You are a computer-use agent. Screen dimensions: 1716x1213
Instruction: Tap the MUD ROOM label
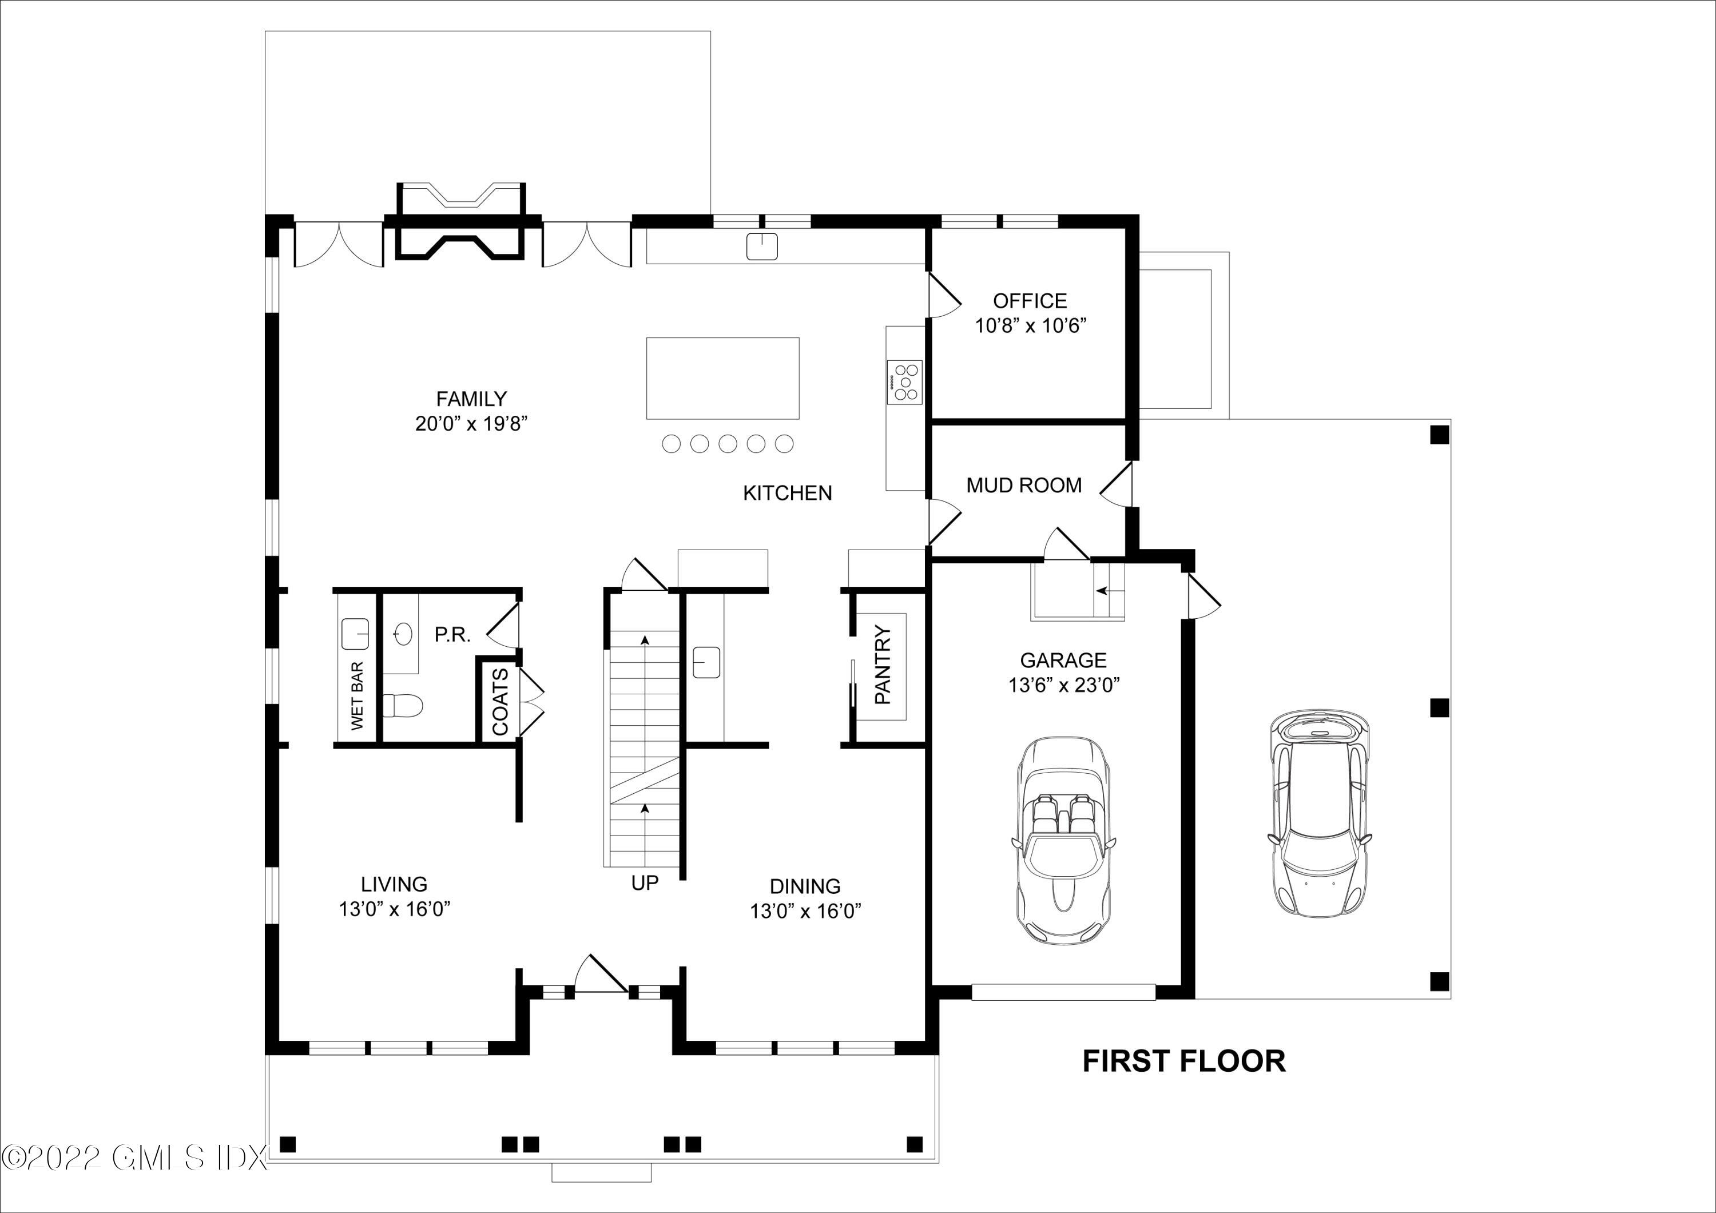[x=1024, y=486]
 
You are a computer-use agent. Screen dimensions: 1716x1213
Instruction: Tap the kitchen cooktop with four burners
[x=904, y=382]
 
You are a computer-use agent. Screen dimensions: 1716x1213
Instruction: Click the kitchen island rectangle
[x=723, y=378]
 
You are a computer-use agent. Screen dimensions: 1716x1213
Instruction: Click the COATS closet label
[x=500, y=701]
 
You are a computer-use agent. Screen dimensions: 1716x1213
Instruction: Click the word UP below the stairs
[x=645, y=884]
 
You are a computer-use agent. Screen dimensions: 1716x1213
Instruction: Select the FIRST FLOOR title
[x=1184, y=1061]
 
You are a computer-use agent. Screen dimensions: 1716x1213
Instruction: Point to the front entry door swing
[x=600, y=973]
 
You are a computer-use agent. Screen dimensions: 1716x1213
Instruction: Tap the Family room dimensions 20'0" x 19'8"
[x=471, y=424]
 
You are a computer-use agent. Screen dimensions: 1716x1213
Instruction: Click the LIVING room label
[x=394, y=884]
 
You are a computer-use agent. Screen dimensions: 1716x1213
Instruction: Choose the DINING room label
[x=805, y=886]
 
